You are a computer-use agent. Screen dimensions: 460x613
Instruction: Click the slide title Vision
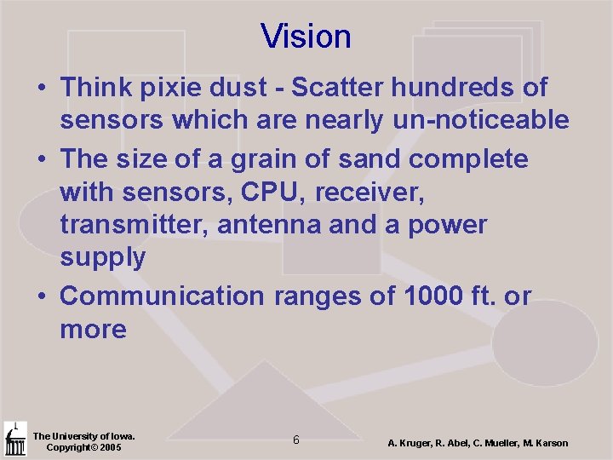[306, 37]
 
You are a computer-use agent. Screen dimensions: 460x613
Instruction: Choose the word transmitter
[135, 226]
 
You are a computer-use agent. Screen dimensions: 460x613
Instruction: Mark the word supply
[102, 258]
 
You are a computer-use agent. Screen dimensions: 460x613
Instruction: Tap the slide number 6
[295, 440]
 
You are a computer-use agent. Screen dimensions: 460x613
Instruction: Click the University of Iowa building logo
[14, 440]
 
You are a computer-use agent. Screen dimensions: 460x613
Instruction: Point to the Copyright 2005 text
[83, 447]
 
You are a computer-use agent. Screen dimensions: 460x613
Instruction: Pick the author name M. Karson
[545, 443]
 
